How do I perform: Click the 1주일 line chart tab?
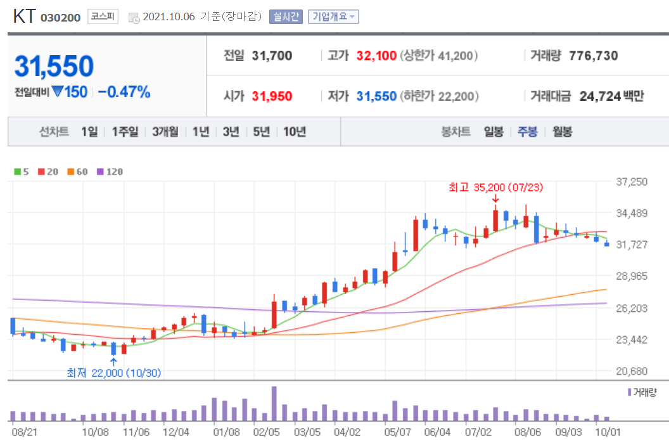125,132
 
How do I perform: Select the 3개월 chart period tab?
165,132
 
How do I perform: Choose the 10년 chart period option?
295,132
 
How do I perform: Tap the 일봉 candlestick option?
494,132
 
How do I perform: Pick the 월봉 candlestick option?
562,132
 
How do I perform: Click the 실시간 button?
286,17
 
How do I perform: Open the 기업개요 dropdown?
333,17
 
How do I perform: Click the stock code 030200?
60,18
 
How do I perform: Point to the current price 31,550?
54,67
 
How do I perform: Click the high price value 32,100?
376,56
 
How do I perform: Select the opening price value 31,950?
272,96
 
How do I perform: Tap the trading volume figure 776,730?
593,56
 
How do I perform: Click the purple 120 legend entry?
110,171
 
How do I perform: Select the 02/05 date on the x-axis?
266,432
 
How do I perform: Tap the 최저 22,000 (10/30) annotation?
114,373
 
